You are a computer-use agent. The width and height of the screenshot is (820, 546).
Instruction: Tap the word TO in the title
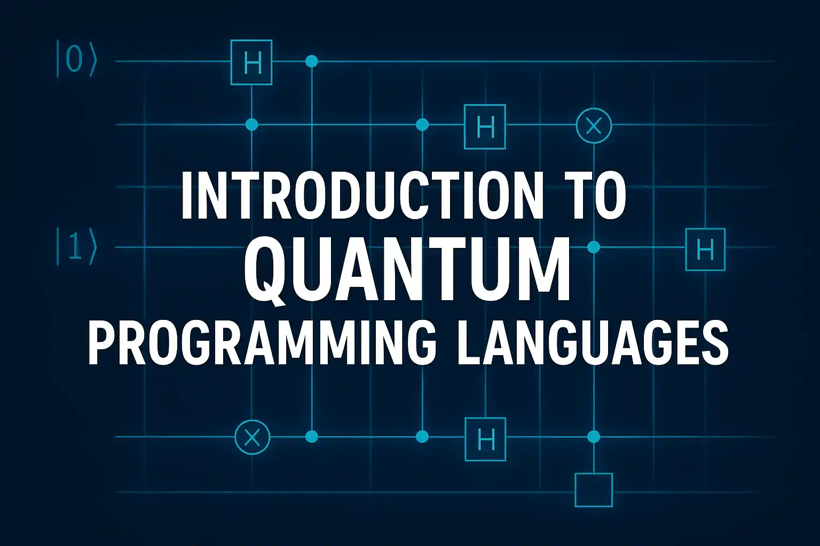(598, 196)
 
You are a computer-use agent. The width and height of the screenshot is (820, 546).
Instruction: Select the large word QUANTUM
(407, 269)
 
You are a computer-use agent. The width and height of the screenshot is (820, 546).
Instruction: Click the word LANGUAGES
(592, 342)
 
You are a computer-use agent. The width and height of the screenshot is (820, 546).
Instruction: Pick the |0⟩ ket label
(76, 59)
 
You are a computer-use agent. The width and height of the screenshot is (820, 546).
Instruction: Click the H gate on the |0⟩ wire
(251, 62)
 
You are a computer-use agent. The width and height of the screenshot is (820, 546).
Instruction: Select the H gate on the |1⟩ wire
(705, 249)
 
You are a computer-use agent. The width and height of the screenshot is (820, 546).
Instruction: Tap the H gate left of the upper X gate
(485, 126)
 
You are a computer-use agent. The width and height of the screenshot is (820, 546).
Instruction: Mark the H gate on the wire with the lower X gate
(485, 439)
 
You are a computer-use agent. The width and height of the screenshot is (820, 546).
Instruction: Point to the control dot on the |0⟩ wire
(312, 61)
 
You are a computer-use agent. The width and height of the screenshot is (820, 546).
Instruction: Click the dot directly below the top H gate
(251, 124)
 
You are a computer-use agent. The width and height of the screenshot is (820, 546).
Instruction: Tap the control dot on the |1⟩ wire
(594, 247)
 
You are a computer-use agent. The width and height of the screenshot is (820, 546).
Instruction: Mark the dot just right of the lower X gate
(312, 436)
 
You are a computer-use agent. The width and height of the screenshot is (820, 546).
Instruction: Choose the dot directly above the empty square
(594, 436)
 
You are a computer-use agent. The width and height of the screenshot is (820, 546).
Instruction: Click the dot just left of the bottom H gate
(422, 436)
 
